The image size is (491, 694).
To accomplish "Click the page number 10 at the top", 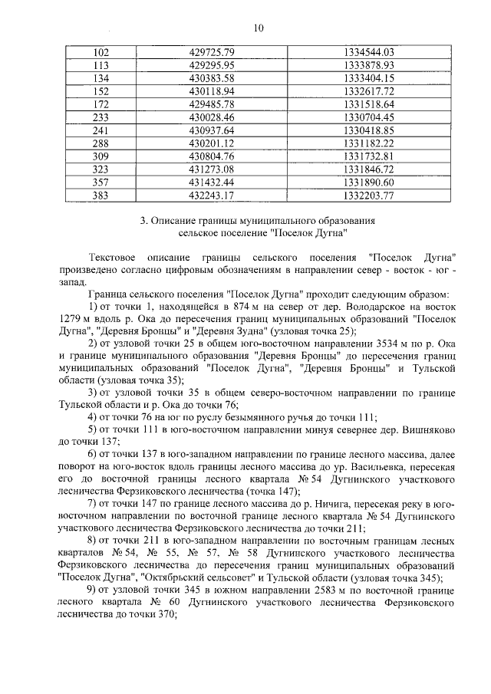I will click(258, 28).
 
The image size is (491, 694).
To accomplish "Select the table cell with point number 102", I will click(100, 52).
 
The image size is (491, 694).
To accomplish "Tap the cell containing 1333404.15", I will click(368, 78).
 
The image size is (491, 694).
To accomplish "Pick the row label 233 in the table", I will click(100, 117).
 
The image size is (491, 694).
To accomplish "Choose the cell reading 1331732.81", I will click(368, 156).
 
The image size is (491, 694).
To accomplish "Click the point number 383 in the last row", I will click(100, 196).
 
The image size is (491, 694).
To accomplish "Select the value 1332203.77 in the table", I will click(368, 196).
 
